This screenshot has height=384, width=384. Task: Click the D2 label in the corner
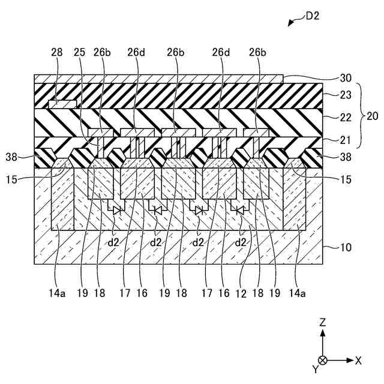[313, 16]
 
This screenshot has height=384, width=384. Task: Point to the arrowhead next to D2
[290, 24]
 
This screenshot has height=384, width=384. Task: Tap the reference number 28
[57, 53]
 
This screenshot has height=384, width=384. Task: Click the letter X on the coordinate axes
[358, 361]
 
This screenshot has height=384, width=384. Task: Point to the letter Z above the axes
[322, 323]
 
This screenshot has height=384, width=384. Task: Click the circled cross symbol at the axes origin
[323, 361]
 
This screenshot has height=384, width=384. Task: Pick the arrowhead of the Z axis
[323, 333]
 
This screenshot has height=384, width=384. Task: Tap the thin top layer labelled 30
[156, 79]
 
